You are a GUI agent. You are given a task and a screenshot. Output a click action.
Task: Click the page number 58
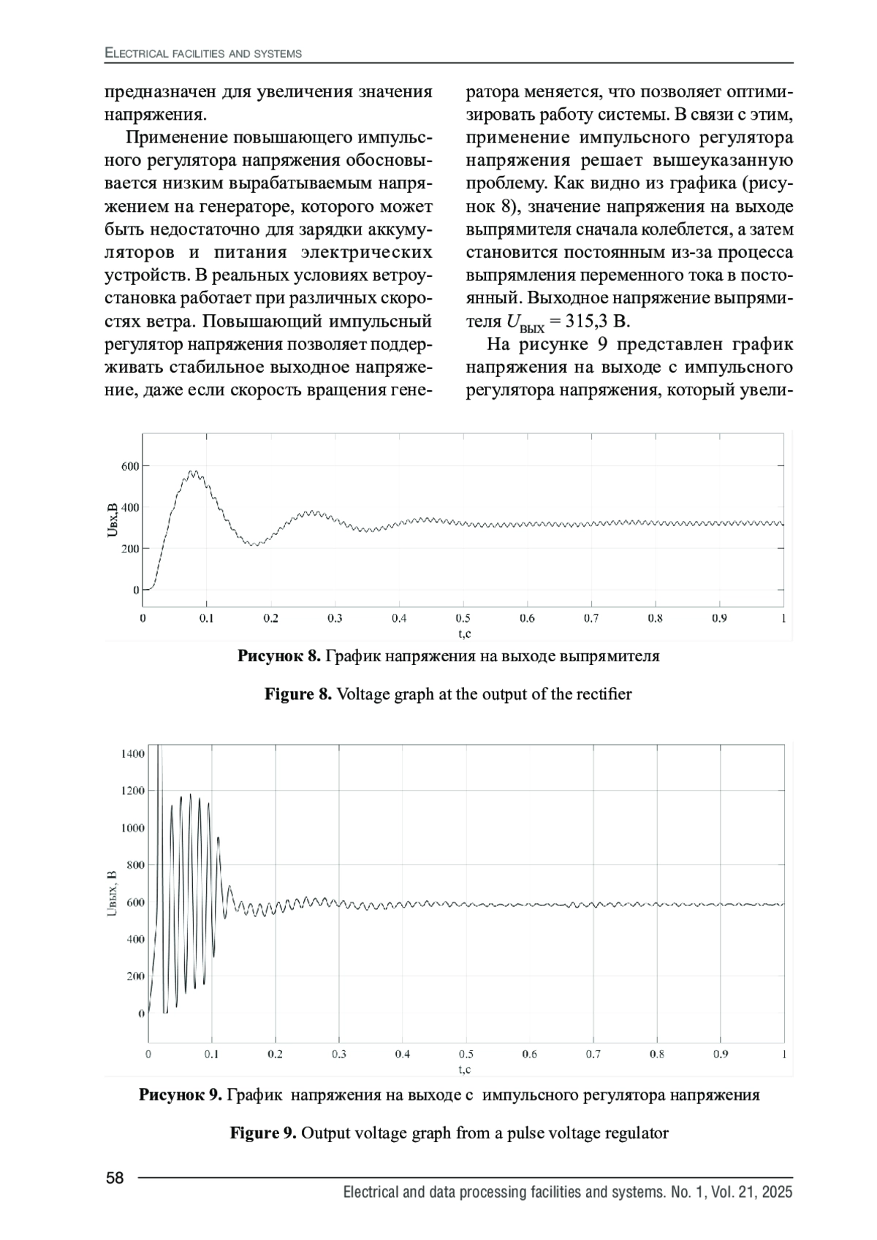(115, 1178)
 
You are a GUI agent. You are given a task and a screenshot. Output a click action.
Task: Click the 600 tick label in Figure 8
(131, 466)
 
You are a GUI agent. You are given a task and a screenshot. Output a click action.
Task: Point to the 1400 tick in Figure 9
(133, 753)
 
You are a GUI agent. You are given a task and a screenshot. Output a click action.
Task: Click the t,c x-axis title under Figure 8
(463, 633)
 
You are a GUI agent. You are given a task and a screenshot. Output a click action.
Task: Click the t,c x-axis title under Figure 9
(465, 1069)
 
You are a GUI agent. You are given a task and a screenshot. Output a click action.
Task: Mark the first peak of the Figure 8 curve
(193, 472)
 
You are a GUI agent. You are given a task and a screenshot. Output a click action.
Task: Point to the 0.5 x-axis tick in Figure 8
(463, 618)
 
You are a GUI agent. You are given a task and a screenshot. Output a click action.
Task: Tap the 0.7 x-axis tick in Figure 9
(593, 1054)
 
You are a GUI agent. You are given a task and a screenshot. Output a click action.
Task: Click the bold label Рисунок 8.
(278, 656)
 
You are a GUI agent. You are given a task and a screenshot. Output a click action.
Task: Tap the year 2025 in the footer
(775, 1193)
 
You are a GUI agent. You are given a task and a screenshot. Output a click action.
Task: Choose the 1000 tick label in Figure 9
(133, 828)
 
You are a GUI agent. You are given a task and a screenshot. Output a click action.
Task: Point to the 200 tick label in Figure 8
(131, 548)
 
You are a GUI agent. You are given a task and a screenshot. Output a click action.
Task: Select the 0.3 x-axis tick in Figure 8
(335, 618)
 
